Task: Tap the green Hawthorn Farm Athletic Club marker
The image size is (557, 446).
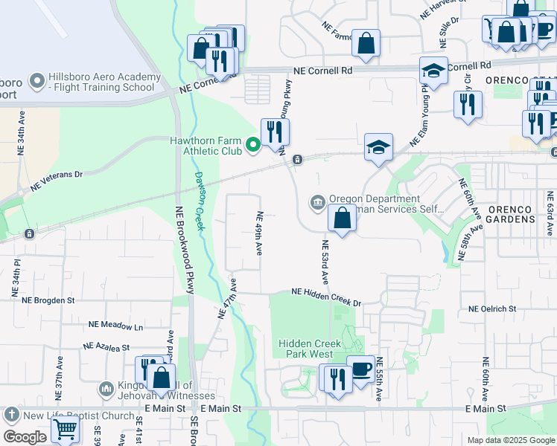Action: click(x=253, y=144)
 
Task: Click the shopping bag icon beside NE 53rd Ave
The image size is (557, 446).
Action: click(x=342, y=219)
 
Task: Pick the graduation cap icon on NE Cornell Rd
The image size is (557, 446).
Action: click(x=433, y=71)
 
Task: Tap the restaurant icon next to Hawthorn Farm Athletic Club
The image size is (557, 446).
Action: click(x=275, y=132)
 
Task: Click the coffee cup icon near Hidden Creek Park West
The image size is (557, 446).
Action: click(x=361, y=369)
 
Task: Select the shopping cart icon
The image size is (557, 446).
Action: click(x=65, y=429)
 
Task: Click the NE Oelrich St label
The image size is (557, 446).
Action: click(x=492, y=308)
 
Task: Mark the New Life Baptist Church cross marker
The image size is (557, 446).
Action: click(x=11, y=414)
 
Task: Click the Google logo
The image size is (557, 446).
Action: click(x=25, y=437)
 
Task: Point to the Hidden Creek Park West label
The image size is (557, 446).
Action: click(x=310, y=349)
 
